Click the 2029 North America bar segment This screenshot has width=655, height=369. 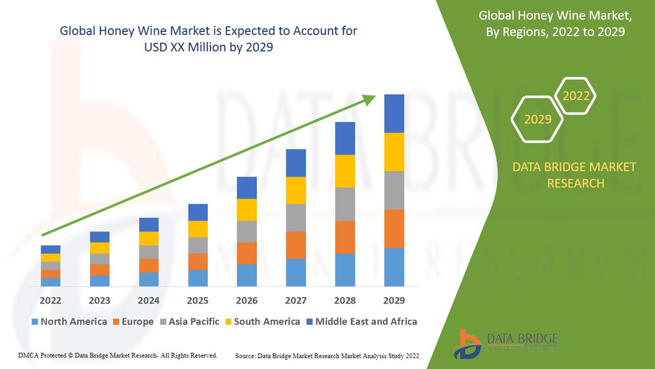pos(394,267)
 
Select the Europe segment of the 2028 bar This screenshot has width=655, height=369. pos(345,237)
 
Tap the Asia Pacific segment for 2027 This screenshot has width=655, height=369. pos(295,218)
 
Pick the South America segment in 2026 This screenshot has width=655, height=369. pos(246,209)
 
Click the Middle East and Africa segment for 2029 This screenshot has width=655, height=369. pos(394,113)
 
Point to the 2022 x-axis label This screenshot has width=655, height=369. pos(51,300)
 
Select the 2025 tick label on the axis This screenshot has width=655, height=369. pos(198,300)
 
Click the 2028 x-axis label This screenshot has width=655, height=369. pos(345,300)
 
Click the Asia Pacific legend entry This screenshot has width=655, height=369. pos(192,322)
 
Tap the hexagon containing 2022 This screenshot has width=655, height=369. pos(575,96)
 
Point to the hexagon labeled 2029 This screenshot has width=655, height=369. pos(538,119)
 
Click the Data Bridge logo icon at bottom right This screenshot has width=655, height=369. pos(470,343)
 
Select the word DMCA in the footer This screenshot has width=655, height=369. pos(26,355)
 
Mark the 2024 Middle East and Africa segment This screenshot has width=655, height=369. pos(149,224)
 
